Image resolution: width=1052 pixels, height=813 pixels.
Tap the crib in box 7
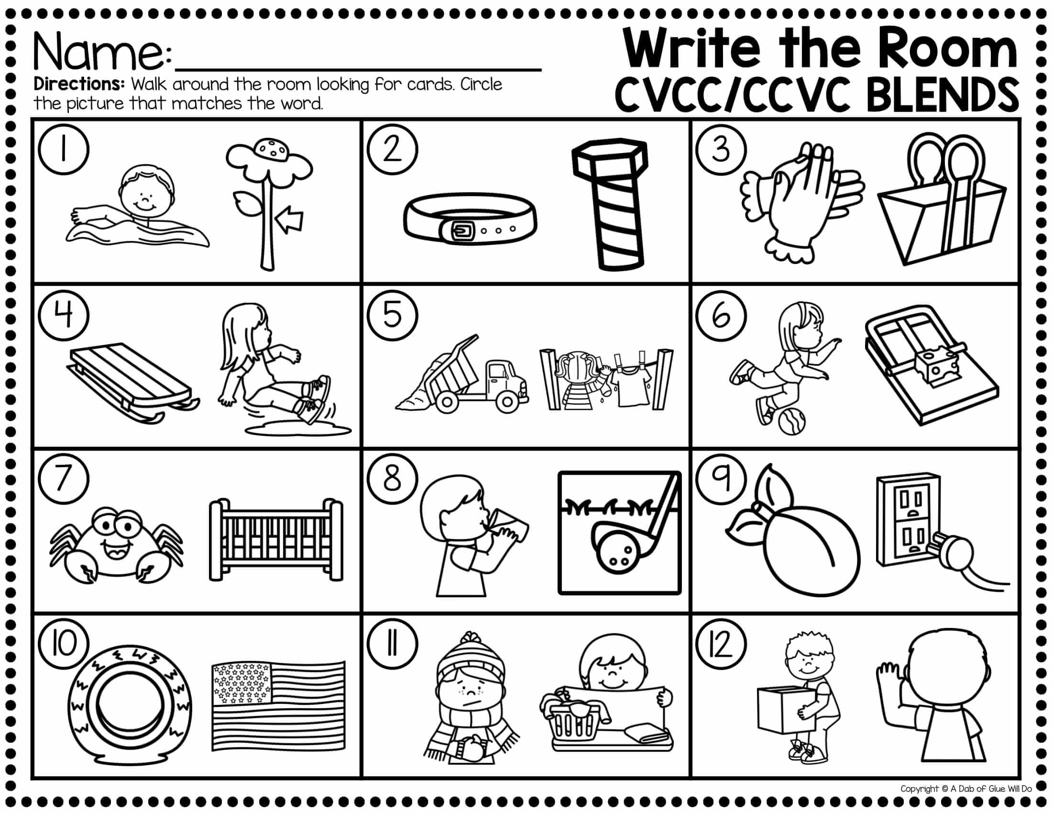[276, 539]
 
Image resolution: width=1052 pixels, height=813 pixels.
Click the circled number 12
[721, 645]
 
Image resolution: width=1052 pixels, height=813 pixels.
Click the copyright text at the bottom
[966, 789]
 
